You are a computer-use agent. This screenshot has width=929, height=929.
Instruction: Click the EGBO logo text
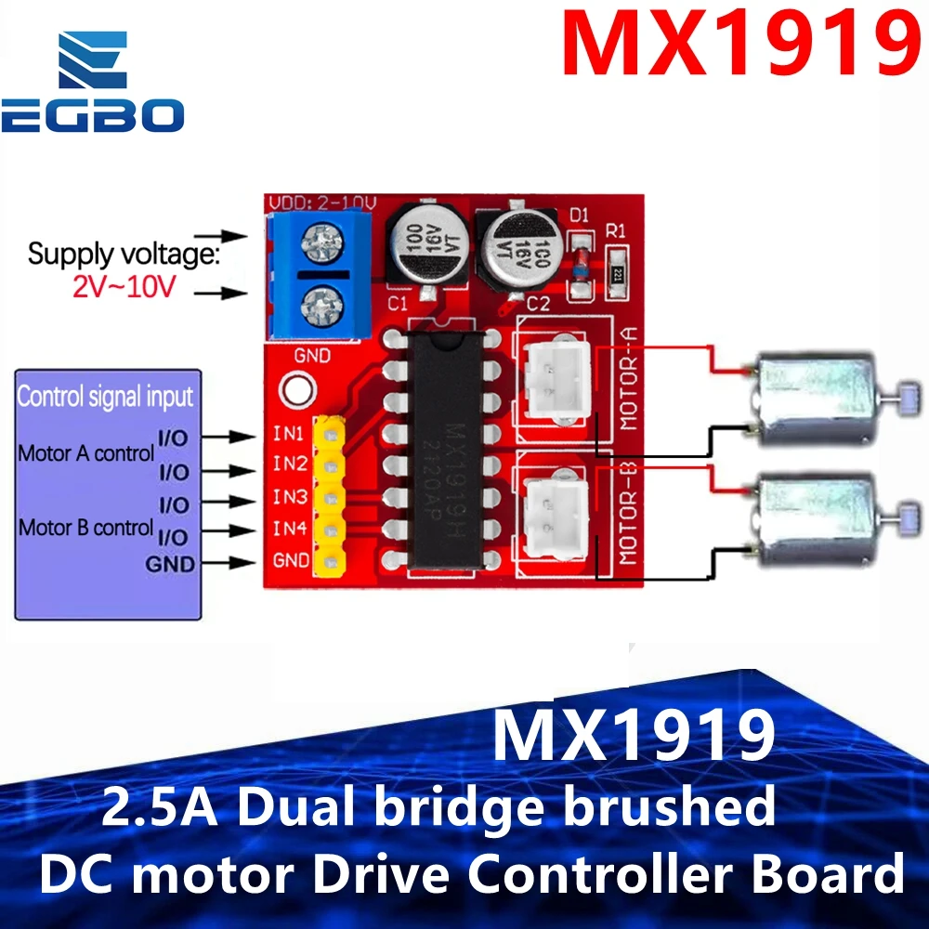[93, 117]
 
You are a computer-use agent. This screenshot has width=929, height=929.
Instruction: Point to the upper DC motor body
[814, 396]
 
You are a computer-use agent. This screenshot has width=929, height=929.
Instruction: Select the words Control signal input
[105, 398]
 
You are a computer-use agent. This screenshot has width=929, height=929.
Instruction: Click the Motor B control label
[85, 528]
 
